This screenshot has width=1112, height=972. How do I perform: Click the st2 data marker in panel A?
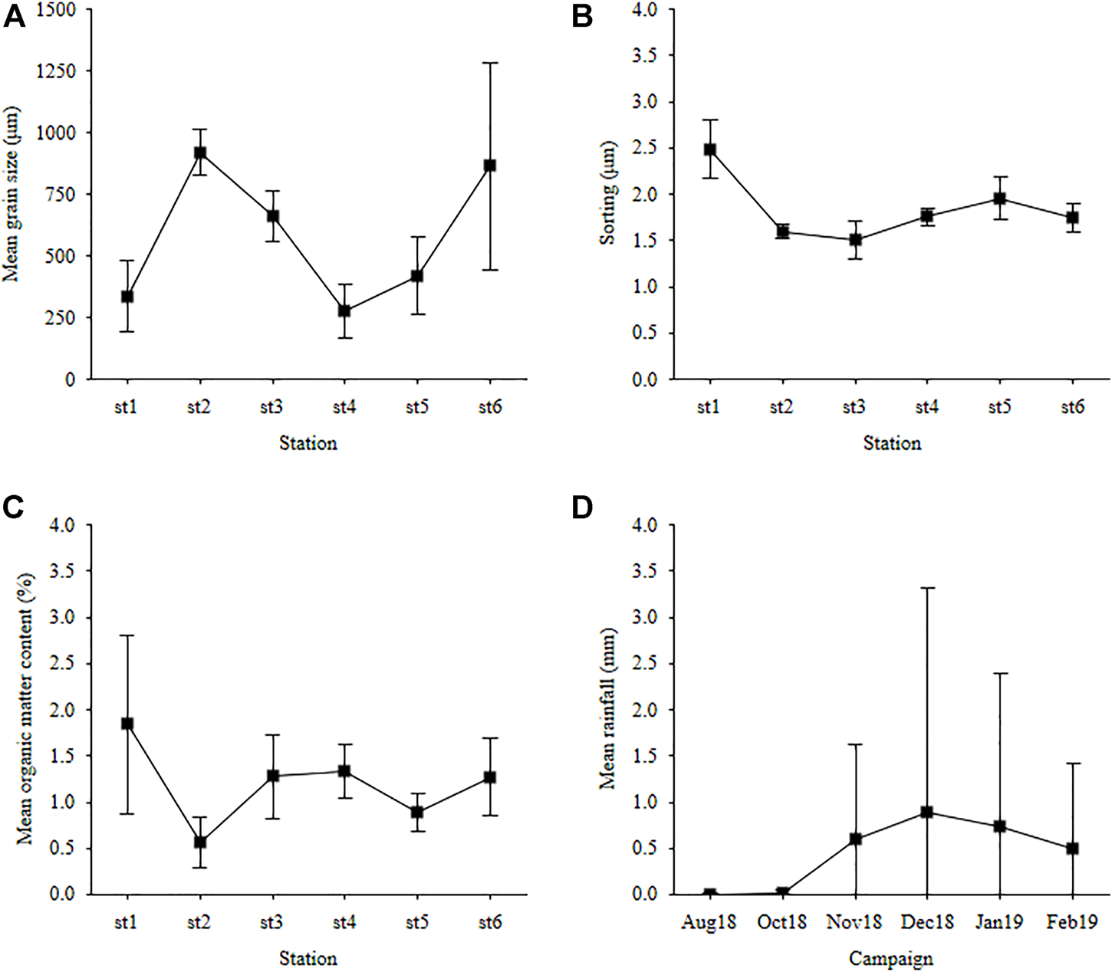[200, 153]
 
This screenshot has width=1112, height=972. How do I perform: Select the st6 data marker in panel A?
[489, 165]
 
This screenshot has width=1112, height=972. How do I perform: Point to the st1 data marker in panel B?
[710, 149]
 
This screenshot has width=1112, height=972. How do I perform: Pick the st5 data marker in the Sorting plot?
[999, 199]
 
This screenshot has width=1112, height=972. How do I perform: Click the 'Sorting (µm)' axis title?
[608, 193]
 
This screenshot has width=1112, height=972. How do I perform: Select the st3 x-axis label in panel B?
[854, 407]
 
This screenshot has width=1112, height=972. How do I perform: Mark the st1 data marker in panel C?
[127, 724]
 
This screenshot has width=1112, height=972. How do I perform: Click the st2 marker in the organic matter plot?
[200, 842]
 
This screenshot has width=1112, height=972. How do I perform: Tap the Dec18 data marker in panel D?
[926, 812]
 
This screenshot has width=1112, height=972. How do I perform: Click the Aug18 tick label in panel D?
[709, 922]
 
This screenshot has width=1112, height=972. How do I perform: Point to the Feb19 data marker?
[1072, 849]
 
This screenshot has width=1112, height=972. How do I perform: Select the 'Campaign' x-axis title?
[891, 958]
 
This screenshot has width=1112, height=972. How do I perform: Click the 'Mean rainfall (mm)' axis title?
[608, 710]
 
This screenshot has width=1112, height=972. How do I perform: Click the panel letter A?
[15, 15]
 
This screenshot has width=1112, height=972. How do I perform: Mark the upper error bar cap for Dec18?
[926, 588]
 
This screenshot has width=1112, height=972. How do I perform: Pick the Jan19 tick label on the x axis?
[999, 922]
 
